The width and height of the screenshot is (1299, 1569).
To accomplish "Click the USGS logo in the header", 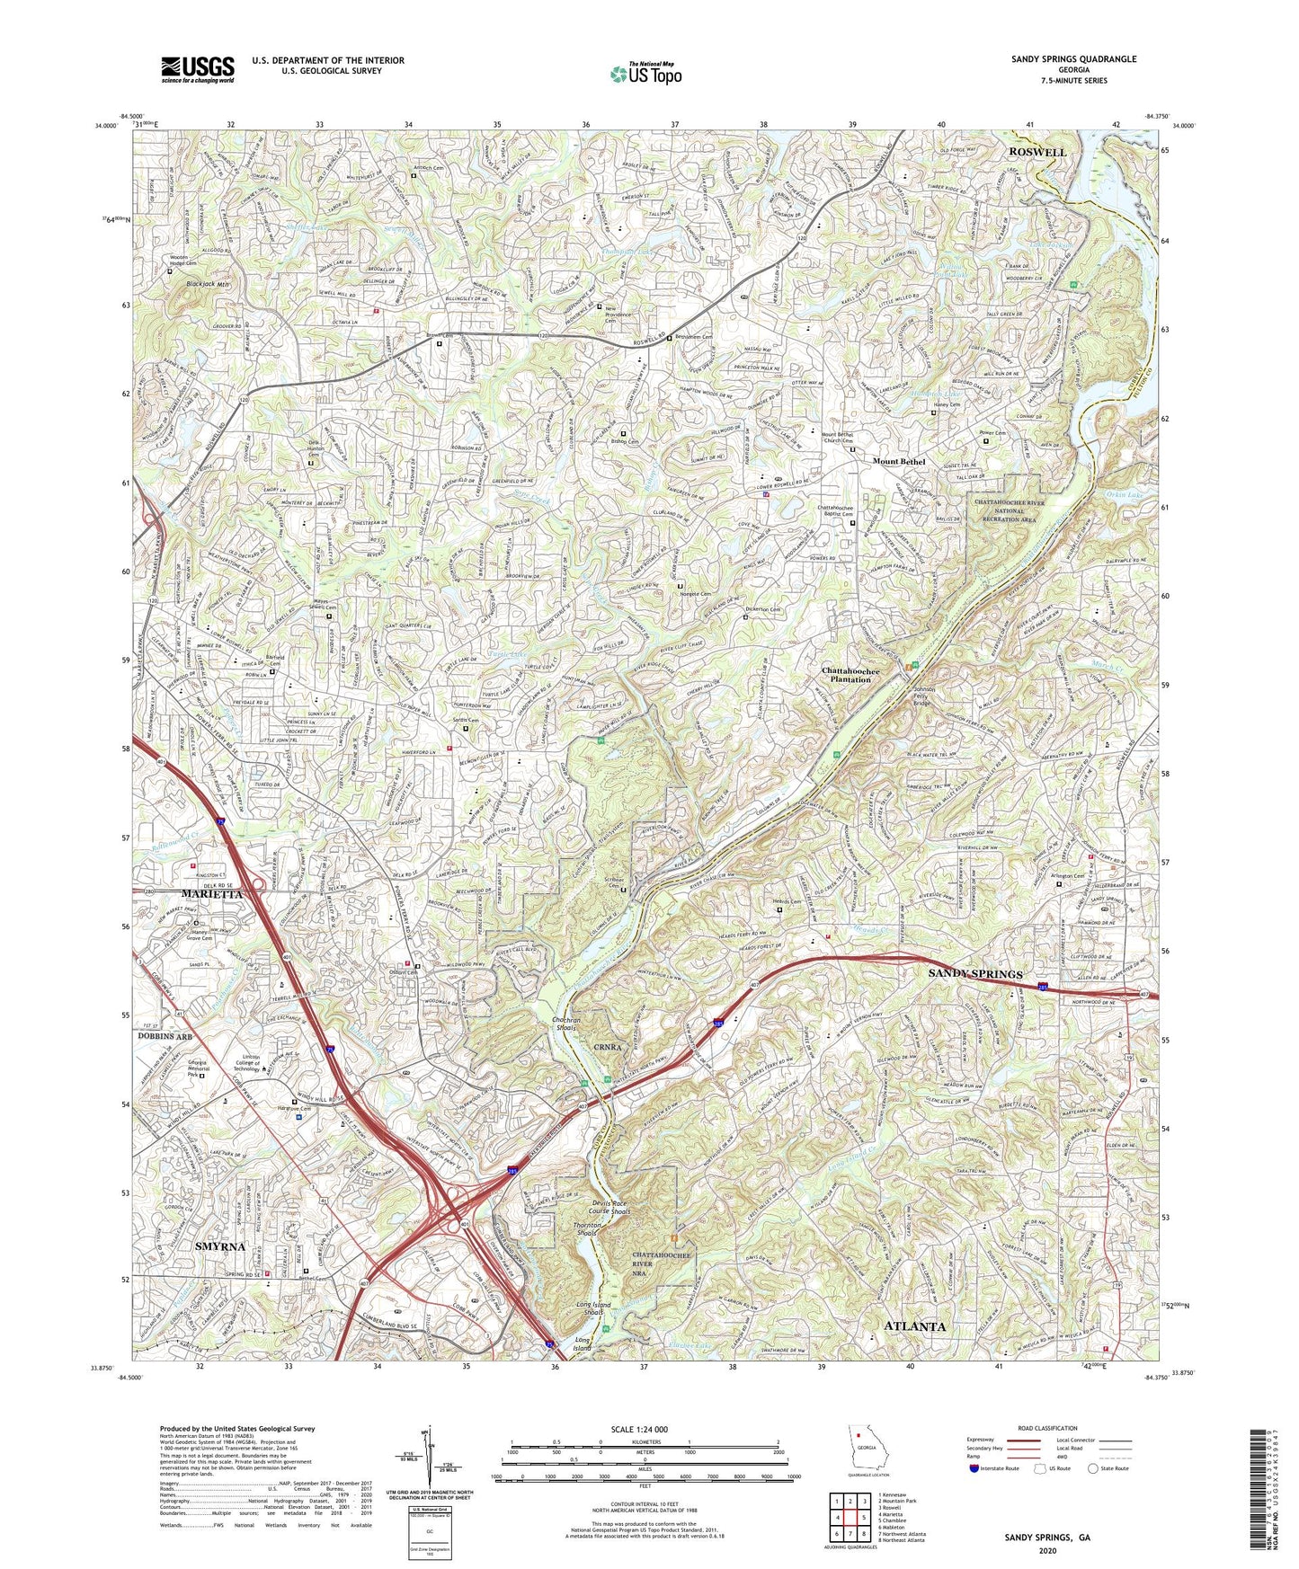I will tap(197, 68).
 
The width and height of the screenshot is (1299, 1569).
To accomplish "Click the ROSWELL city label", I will tap(1036, 152).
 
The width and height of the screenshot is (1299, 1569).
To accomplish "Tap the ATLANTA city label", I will tap(914, 1326).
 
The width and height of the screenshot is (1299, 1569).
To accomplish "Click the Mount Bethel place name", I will tap(898, 462).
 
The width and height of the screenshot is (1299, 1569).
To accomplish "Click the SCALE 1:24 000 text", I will tap(645, 1430).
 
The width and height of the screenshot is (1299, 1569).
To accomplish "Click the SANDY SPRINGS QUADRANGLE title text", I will tap(1071, 59).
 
